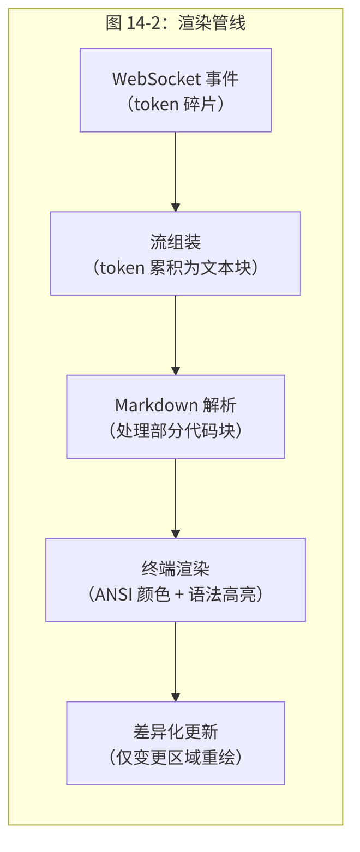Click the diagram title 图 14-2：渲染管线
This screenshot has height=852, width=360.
[176, 23]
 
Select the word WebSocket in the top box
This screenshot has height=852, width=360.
[157, 79]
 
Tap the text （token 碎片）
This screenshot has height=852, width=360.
[176, 103]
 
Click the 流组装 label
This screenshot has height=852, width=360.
[176, 242]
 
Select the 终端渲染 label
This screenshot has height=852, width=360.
[176, 568]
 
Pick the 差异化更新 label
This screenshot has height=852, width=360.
[176, 731]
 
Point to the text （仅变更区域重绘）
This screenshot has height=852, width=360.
[176, 757]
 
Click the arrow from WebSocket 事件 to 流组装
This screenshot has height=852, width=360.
[176, 169]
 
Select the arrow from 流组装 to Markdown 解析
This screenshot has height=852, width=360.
[176, 333]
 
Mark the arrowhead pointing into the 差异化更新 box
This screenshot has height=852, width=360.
[176, 697]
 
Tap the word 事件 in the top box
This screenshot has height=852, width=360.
[222, 79]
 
